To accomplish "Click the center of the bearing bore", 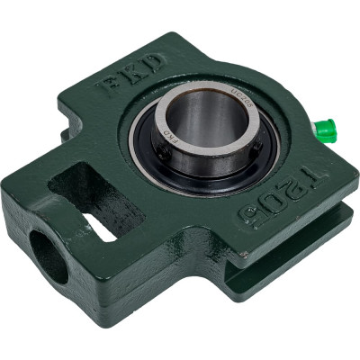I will click(x=203, y=126).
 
